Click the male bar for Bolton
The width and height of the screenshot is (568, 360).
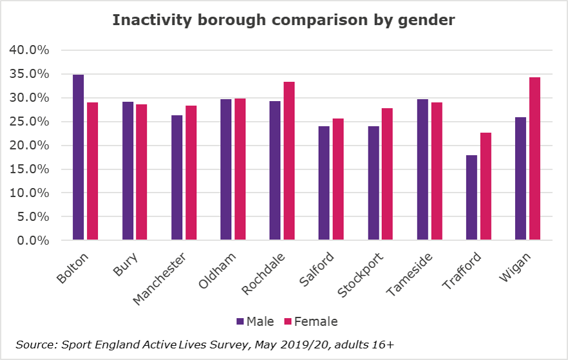point(78,158)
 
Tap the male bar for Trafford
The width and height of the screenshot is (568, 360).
point(471,198)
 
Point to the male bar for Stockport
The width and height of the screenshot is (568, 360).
point(374,183)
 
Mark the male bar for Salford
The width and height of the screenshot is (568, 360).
point(324,183)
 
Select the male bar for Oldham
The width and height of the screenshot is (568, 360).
point(225,169)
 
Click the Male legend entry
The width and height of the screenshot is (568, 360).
point(256,321)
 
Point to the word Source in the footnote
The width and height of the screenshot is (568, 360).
point(34,345)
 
